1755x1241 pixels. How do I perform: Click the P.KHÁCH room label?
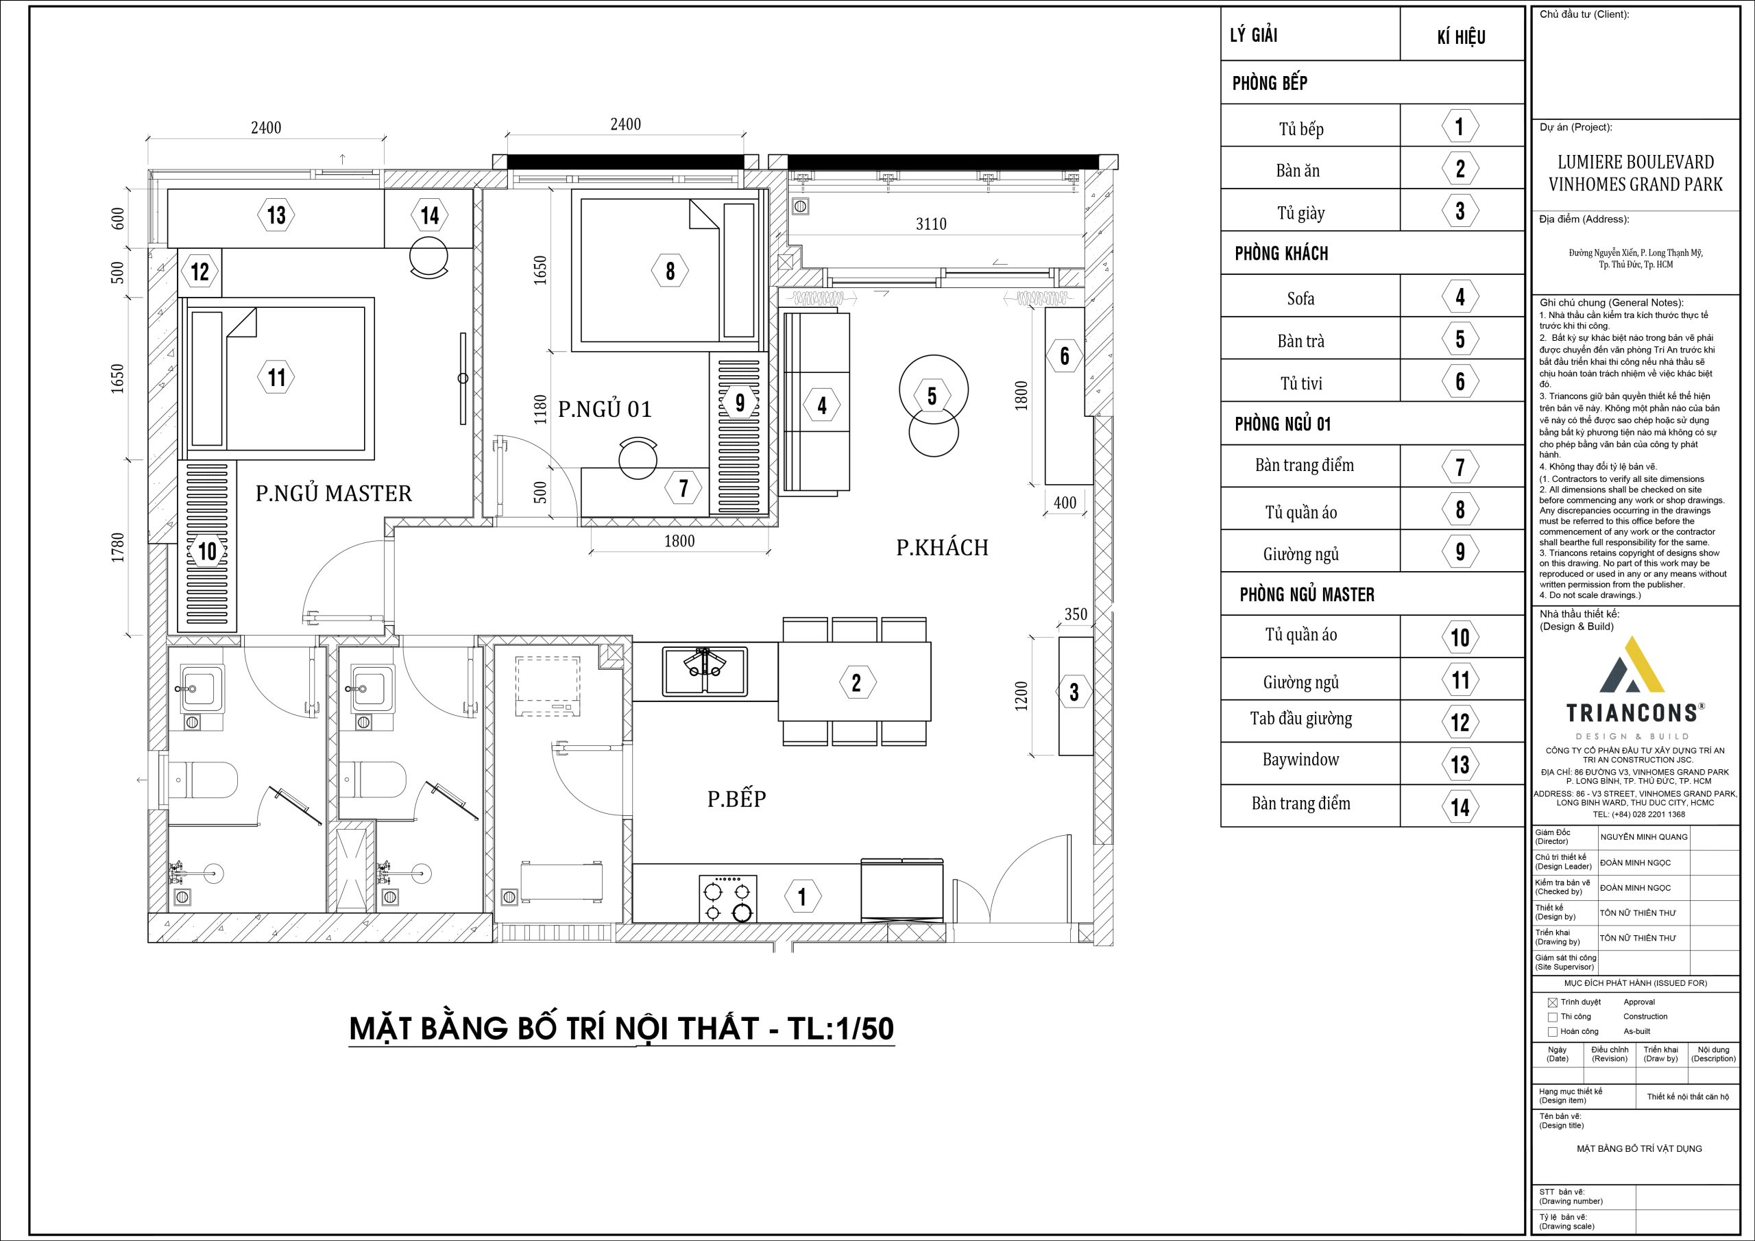coord(942,547)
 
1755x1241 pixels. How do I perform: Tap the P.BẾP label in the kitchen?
coord(736,799)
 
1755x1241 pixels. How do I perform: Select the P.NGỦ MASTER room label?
coord(333,493)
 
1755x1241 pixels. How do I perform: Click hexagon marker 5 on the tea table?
coord(932,396)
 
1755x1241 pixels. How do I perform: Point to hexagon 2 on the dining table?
coord(856,682)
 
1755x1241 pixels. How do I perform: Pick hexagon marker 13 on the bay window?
coord(276,215)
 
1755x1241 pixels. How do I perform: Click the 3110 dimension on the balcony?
coord(931,224)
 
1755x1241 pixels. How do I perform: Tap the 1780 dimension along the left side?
coord(118,547)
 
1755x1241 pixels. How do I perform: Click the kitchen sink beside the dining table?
coord(705,671)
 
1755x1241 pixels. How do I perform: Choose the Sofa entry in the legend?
coord(1300,298)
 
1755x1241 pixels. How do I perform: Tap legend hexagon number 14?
coord(1460,808)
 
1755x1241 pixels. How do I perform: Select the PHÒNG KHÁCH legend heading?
coord(1281,253)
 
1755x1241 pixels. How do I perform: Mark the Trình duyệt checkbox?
coord(1553,1002)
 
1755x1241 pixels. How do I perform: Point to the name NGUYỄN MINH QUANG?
coord(1643,837)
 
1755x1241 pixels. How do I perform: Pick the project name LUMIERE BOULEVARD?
coord(1636,162)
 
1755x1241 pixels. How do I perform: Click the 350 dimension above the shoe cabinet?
coord(1076,614)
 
